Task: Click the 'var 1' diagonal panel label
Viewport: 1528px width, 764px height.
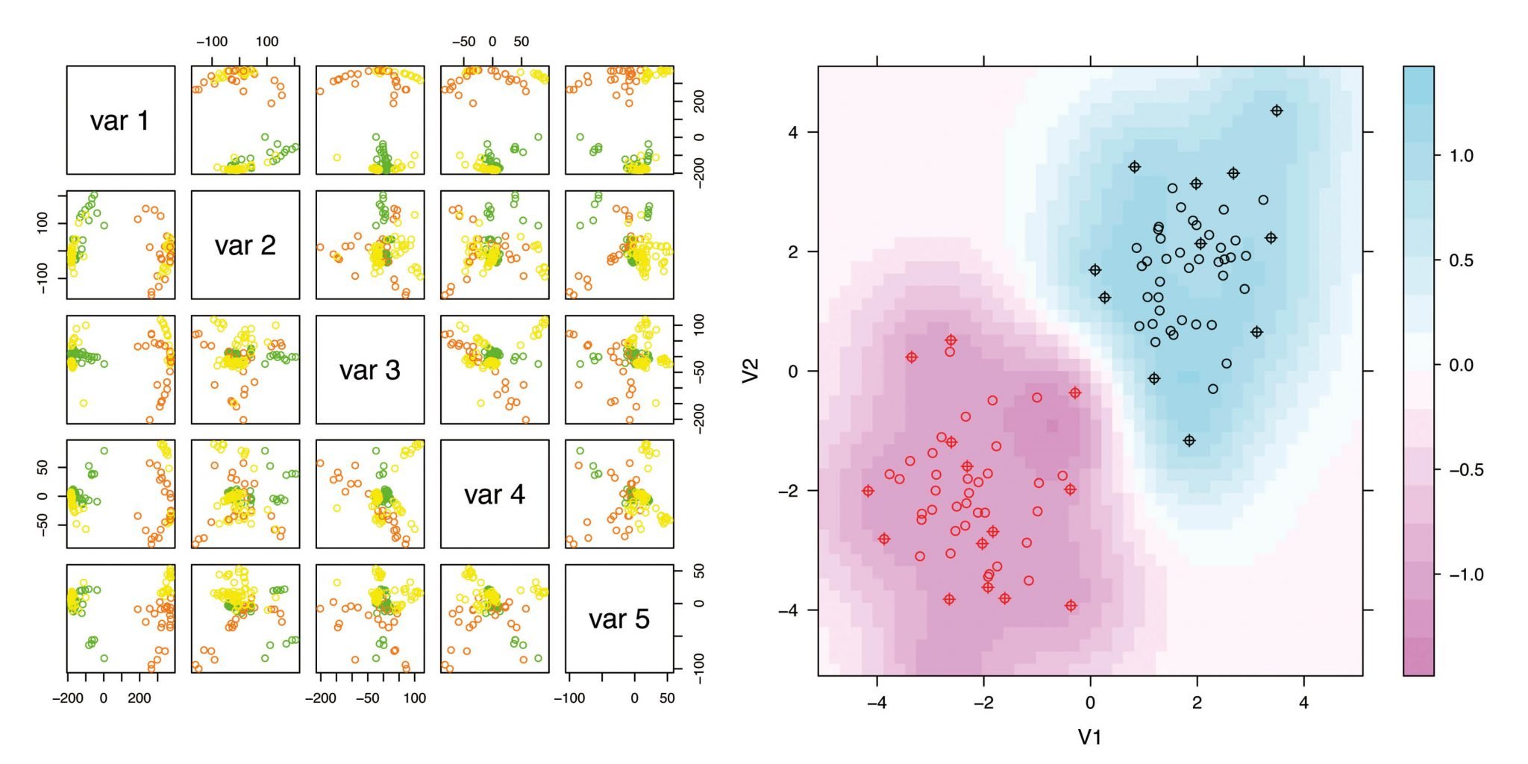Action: [120, 121]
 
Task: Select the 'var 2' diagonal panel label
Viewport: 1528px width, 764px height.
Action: [245, 245]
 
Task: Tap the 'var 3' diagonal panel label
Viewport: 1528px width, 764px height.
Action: [369, 370]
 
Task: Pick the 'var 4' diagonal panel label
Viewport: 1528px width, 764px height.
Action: [494, 495]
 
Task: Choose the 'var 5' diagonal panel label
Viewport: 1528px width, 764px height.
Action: [619, 619]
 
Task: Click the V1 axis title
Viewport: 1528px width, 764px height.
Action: [1090, 737]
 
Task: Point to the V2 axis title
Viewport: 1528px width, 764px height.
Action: [751, 370]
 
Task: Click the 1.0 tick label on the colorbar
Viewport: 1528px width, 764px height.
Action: [1461, 156]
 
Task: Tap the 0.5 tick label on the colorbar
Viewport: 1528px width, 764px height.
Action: [1461, 260]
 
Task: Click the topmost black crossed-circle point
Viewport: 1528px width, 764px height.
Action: [1277, 111]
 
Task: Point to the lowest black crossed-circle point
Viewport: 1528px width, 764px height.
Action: [1189, 441]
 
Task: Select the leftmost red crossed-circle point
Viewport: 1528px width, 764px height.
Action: [868, 491]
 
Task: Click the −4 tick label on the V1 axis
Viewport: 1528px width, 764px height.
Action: [877, 703]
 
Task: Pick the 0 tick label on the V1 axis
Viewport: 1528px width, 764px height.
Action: [1090, 703]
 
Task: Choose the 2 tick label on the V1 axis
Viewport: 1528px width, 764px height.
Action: [1197, 703]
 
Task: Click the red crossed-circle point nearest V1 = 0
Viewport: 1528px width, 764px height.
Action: [1075, 392]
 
